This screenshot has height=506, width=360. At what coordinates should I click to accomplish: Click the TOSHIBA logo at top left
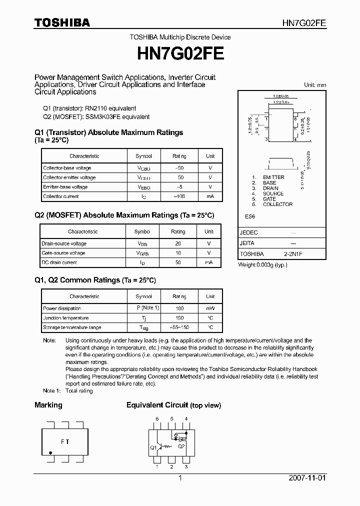tap(62, 23)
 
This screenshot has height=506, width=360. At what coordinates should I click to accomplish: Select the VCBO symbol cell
tap(144, 168)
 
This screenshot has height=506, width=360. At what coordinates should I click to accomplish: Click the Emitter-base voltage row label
tap(65, 187)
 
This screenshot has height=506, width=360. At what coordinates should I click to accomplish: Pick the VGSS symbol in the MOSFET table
tap(143, 253)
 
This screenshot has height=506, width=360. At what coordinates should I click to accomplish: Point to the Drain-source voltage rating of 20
tap(178, 243)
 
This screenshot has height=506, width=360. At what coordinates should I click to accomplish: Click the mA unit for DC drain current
tap(209, 262)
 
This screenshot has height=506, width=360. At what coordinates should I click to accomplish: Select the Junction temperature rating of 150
tap(179, 318)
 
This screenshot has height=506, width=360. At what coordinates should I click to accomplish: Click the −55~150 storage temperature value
tap(179, 328)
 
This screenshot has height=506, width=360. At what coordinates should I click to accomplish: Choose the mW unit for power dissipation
tap(210, 308)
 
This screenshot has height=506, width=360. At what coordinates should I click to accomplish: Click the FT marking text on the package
tap(65, 441)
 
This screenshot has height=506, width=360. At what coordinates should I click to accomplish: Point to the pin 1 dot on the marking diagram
tap(50, 452)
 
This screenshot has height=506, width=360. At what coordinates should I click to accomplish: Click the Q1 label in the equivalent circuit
tap(153, 447)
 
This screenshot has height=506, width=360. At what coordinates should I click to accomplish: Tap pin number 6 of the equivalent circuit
tap(157, 419)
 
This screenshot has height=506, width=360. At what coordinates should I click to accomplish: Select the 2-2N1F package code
tap(293, 254)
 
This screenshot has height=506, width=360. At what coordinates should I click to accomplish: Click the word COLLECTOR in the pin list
tap(277, 204)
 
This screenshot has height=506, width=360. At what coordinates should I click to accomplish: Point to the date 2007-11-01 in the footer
tap(307, 478)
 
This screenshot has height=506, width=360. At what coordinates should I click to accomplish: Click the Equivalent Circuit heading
tap(157, 405)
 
